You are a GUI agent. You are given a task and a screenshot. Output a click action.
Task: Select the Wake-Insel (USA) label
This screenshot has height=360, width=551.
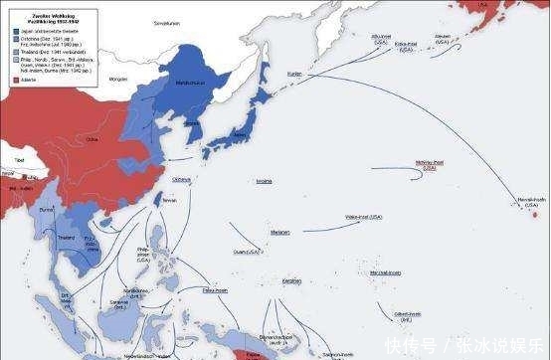pos(364,217)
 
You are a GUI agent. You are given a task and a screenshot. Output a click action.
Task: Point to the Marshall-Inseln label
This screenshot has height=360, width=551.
pos(385,272)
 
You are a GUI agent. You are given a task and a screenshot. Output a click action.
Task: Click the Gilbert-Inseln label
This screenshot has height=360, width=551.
pos(407,315)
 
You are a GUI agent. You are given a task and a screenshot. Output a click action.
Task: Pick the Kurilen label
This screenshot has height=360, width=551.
pos(293,74)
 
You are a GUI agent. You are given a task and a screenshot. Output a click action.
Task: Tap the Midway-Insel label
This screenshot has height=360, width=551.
pos(430,164)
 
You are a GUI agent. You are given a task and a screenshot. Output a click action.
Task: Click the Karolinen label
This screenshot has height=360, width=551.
pos(291,280)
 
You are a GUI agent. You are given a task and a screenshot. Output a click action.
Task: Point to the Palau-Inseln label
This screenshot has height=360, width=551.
pos(216,290)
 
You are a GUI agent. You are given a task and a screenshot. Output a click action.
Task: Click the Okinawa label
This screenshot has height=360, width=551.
pos(181,179)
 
